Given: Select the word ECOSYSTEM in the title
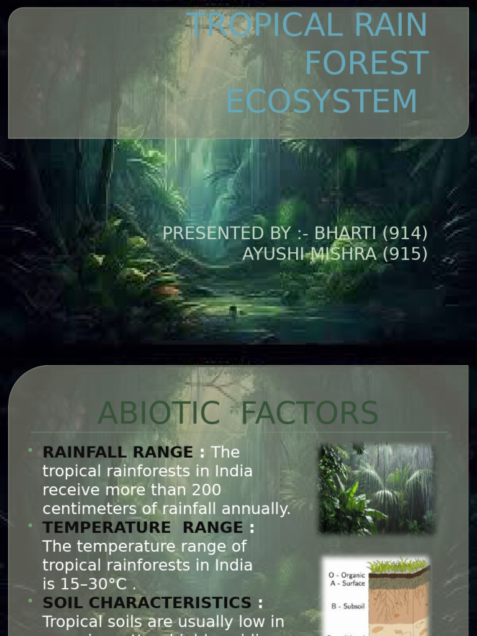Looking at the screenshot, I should (321, 101).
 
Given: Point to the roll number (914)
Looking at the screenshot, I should (404, 234).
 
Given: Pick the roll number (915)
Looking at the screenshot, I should (404, 253).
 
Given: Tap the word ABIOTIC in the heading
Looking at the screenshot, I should (159, 414).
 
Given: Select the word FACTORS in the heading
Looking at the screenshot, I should (309, 414).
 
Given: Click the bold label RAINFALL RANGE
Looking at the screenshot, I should (117, 452).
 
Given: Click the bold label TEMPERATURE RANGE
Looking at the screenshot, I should (142, 528).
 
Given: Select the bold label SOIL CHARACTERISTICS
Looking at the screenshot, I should (147, 603).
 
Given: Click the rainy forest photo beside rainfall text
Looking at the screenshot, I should (376, 488).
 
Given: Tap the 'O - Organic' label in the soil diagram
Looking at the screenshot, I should (347, 575).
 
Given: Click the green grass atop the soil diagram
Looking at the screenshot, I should (397, 565).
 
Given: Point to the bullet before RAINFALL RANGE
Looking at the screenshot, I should (30, 450).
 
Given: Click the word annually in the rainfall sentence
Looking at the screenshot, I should (261, 509).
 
